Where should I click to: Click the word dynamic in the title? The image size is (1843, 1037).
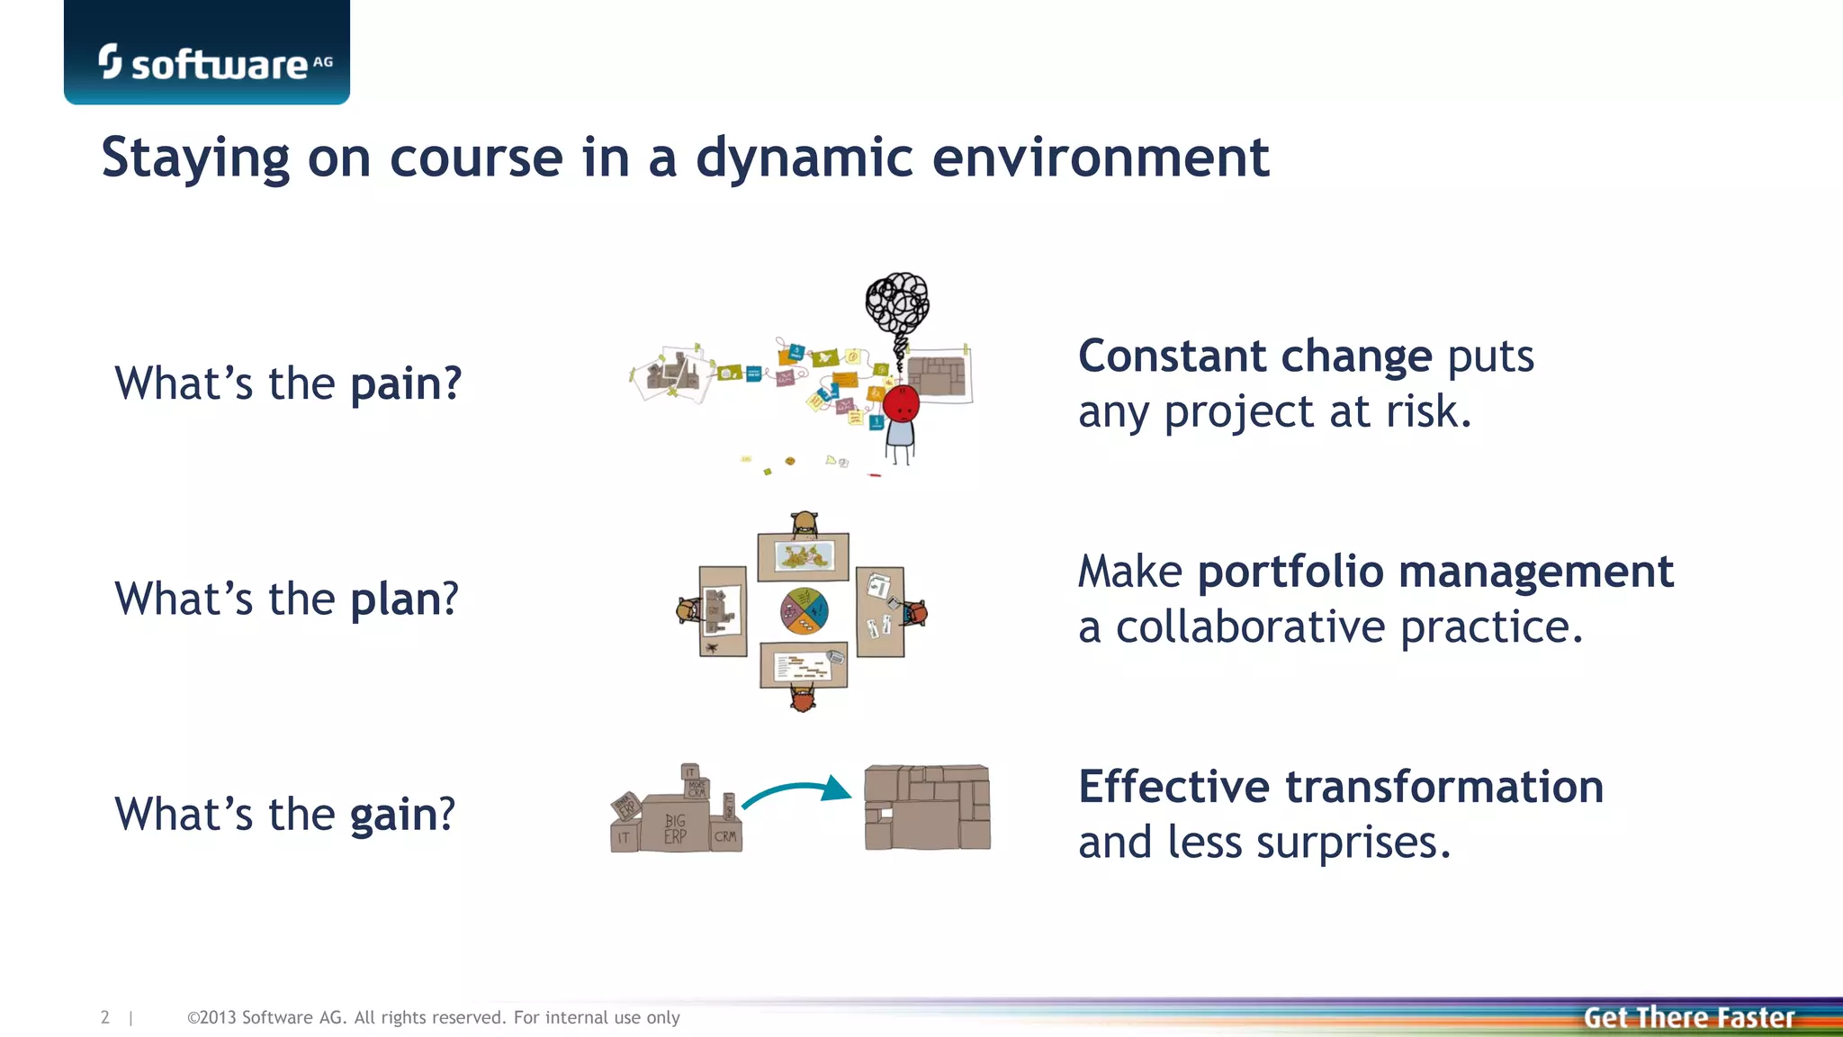805,159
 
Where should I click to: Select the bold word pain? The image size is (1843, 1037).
406,384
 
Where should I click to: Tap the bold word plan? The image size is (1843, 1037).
404,600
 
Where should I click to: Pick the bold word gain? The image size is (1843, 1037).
402,815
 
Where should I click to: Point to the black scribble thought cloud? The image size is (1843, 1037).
896,304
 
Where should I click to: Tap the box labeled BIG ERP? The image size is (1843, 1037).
675,827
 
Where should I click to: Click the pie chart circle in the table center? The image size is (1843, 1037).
804,611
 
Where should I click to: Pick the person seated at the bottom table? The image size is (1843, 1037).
803,699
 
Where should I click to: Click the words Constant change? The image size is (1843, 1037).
1254,356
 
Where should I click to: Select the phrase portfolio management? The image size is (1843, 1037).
1434,573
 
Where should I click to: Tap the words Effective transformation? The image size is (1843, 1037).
1340,788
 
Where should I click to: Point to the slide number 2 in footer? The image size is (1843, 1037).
105,1018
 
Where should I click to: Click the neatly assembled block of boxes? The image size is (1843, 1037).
927,807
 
